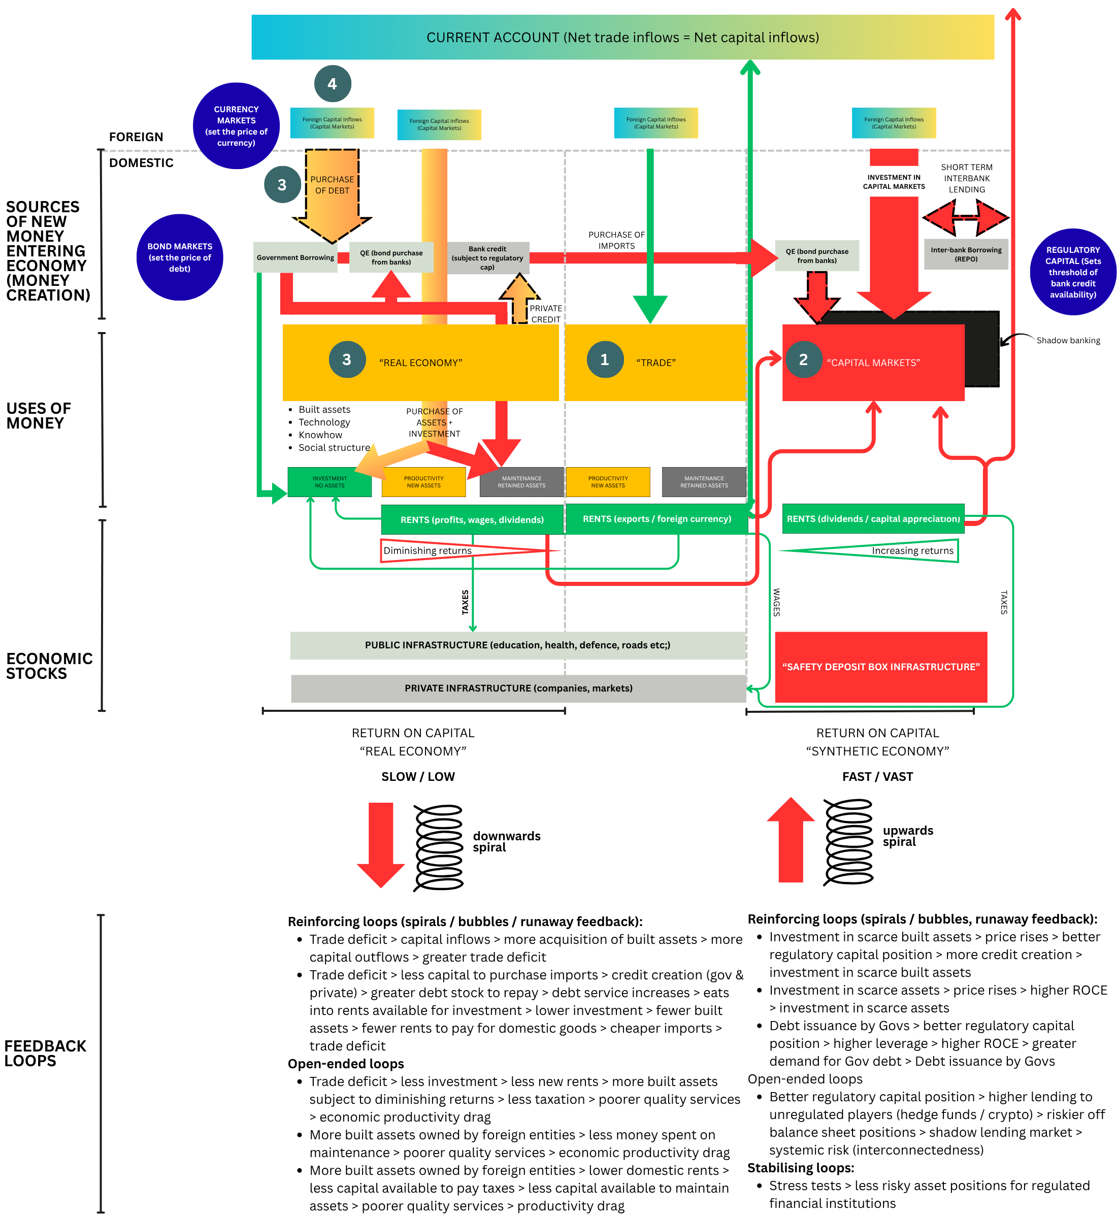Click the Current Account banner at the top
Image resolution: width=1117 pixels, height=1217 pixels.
click(622, 38)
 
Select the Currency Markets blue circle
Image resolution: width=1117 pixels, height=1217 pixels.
click(236, 126)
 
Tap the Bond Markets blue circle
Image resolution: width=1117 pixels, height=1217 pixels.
click(180, 257)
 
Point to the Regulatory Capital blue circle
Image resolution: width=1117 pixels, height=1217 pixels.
click(1073, 272)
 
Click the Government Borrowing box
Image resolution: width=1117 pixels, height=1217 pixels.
click(295, 257)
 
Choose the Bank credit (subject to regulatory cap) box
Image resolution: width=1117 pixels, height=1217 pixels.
click(487, 258)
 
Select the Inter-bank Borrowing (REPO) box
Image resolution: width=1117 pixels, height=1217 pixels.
click(966, 254)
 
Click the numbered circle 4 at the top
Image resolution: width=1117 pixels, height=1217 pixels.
click(333, 83)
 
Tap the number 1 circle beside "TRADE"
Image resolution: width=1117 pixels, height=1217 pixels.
click(604, 359)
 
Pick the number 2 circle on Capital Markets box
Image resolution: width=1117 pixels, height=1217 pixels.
click(803, 359)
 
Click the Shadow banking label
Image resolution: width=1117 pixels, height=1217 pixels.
click(1068, 340)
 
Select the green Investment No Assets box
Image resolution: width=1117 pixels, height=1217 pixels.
click(330, 482)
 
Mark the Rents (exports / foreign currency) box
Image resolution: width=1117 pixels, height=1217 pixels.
click(656, 519)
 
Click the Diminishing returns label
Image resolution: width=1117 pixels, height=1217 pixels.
click(428, 550)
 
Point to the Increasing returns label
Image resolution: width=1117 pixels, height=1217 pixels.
click(912, 550)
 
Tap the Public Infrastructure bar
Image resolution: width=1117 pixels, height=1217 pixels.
click(517, 645)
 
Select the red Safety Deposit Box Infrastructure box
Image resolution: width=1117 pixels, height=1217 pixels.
click(881, 667)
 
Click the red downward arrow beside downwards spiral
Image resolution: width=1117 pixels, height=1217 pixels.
click(381, 843)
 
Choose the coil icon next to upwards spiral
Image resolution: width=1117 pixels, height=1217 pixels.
click(848, 842)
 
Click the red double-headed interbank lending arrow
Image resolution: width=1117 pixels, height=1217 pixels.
click(965, 217)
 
